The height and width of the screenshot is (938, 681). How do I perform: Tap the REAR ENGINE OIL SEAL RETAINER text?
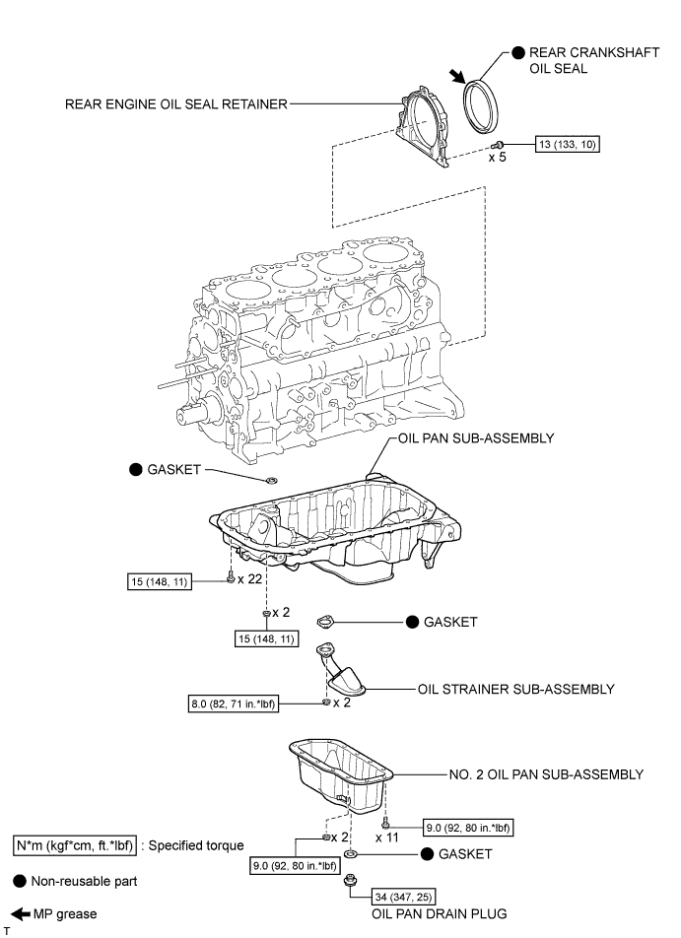[x=176, y=101]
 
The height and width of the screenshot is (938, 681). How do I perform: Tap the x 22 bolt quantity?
[x=251, y=579]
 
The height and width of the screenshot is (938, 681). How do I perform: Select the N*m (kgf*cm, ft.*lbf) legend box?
[x=77, y=844]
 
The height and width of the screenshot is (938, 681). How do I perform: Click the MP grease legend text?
[x=63, y=914]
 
